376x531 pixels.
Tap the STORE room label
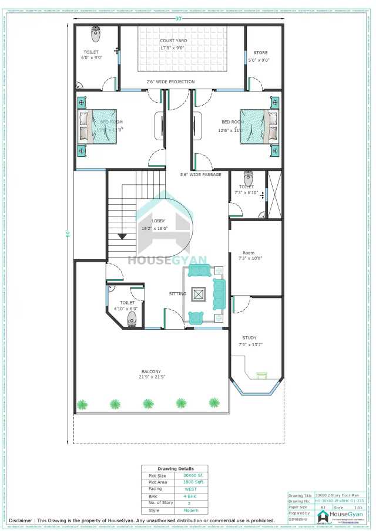tap(260, 52)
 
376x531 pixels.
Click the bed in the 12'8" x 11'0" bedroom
tap(257, 126)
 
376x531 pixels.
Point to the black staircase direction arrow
tap(122, 236)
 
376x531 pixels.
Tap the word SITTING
tap(177, 293)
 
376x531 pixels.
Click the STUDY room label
tap(250, 337)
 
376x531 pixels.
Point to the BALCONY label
tap(151, 371)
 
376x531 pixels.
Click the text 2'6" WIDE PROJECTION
tap(170, 82)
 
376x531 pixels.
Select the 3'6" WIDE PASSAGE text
tap(200, 174)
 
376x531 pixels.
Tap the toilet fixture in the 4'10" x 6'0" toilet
tap(132, 319)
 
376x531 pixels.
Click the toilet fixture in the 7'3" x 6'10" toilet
tap(248, 177)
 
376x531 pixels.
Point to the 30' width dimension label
tap(178, 19)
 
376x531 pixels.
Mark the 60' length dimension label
tap(68, 234)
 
